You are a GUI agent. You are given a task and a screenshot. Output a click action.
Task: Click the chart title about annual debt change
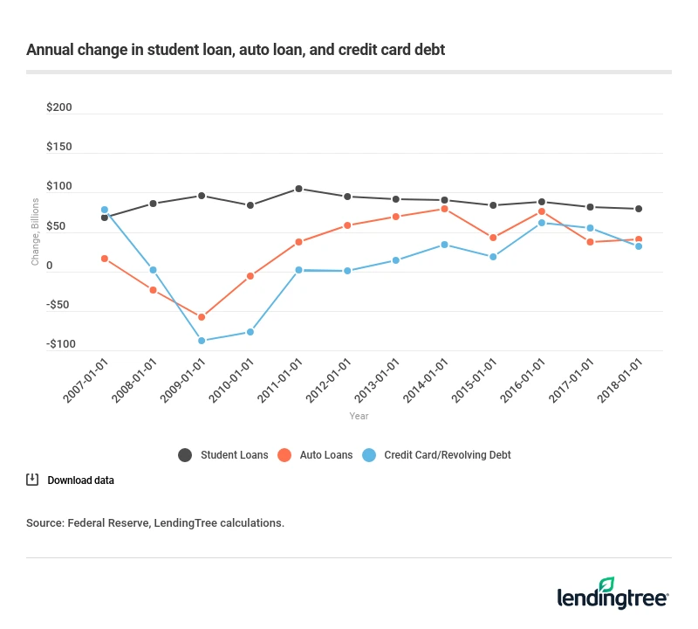tap(236, 50)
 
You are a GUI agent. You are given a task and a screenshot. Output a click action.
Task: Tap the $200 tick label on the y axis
tap(59, 108)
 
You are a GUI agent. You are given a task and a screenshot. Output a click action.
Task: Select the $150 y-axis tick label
tap(59, 147)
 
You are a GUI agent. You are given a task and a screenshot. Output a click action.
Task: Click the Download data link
tap(80, 480)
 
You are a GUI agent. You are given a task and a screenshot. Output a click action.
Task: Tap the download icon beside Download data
tap(32, 480)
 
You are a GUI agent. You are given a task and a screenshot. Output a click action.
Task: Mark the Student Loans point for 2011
tap(298, 189)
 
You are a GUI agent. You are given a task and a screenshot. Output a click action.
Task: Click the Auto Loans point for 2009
tap(202, 317)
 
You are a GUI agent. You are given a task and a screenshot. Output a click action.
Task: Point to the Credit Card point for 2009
tap(202, 341)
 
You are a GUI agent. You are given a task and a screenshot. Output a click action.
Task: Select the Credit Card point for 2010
tap(250, 332)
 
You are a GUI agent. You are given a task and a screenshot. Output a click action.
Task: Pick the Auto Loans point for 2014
tap(444, 209)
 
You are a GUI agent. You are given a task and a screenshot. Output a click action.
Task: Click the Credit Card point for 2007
tap(105, 210)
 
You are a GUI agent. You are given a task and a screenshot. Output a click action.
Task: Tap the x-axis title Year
tap(358, 417)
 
